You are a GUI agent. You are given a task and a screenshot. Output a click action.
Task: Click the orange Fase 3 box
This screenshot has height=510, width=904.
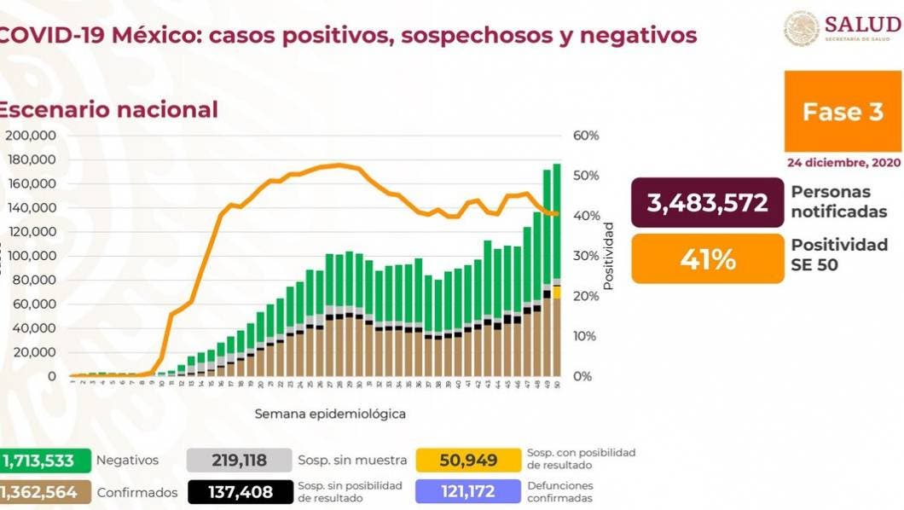pyautogui.click(x=843, y=112)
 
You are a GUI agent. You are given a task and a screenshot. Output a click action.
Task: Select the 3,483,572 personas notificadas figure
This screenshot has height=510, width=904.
pyautogui.click(x=707, y=203)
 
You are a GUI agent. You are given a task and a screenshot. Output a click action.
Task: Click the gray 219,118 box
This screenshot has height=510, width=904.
pyautogui.click(x=238, y=461)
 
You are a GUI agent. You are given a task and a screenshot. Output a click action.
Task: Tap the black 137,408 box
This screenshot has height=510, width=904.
pyautogui.click(x=238, y=492)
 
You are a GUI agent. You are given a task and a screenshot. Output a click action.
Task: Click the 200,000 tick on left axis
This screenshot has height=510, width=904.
pyautogui.click(x=31, y=136)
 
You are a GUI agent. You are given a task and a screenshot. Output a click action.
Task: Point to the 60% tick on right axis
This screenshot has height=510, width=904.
pyautogui.click(x=586, y=136)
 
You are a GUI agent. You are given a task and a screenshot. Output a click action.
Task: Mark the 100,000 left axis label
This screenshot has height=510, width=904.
pyautogui.click(x=31, y=256)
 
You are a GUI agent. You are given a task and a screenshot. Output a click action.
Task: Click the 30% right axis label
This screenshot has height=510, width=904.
pyautogui.click(x=586, y=256)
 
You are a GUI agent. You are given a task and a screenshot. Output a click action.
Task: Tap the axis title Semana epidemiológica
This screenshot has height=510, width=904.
pyautogui.click(x=329, y=414)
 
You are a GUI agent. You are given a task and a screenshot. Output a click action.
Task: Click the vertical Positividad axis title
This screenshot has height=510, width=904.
pyautogui.click(x=608, y=256)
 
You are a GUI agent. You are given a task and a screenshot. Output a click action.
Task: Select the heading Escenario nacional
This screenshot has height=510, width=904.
pyautogui.click(x=108, y=110)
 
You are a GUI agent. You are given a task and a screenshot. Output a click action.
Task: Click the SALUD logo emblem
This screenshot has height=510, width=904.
pyautogui.click(x=802, y=28)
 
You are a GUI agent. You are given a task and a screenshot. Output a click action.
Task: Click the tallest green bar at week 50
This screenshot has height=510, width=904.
pyautogui.click(x=557, y=222)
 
